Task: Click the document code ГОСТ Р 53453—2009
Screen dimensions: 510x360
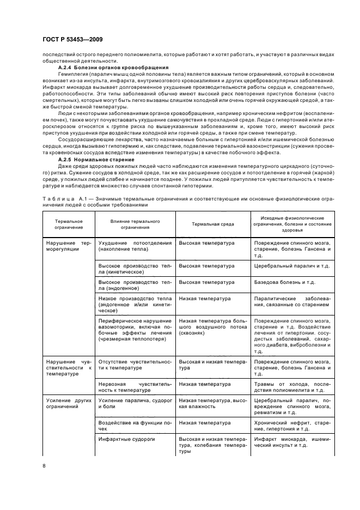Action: tap(72, 40)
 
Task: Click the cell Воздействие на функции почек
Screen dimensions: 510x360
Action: tap(135, 425)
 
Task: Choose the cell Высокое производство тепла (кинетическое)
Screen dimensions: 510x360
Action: tap(135, 269)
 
